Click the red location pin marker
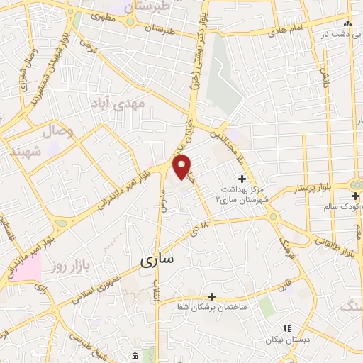pyautogui.click(x=183, y=167)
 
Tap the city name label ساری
pyautogui.click(x=157, y=261)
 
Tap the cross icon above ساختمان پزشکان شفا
pyautogui.click(x=211, y=296)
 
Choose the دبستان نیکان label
pyautogui.click(x=287, y=340)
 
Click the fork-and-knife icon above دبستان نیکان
pyautogui.click(x=287, y=328)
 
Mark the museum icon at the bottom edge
pyautogui.click(x=135, y=354)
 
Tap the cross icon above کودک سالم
pyautogui.click(x=354, y=195)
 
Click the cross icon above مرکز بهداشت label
pyautogui.click(x=242, y=178)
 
